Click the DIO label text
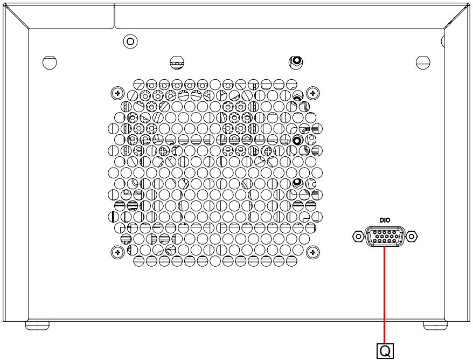point(385,220)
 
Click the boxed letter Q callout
point(385,351)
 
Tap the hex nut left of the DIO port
point(358,236)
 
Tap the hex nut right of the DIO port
point(412,236)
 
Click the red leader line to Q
point(385,295)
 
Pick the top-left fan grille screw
point(117,93)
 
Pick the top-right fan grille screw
point(313,93)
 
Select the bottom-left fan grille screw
point(117,252)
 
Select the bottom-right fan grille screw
point(313,252)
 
